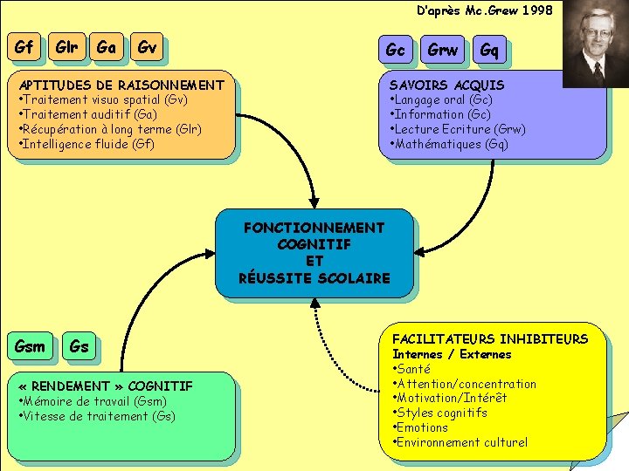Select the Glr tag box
(66, 48)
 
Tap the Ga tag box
(107, 48)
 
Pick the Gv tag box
(147, 49)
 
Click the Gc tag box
(395, 51)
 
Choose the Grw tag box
(442, 51)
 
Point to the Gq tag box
(489, 51)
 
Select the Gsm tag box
(30, 346)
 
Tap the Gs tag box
(79, 346)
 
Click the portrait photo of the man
(595, 44)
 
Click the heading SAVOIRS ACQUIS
(446, 85)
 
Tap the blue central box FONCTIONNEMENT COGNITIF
(314, 253)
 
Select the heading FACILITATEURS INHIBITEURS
(490, 338)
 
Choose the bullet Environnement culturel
(461, 442)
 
